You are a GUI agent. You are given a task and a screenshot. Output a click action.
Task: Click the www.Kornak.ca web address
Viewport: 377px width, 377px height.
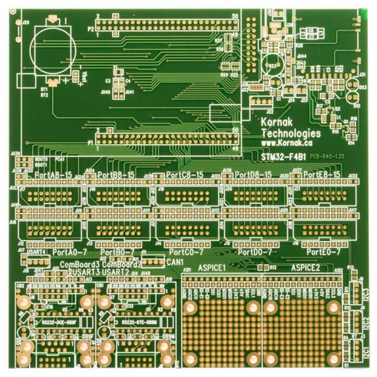pyautogui.click(x=289, y=143)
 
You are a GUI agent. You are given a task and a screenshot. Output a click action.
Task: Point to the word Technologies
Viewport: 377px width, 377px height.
pyautogui.click(x=290, y=133)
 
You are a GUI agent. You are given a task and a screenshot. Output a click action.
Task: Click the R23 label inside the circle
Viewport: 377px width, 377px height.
pyautogui.click(x=273, y=65)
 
